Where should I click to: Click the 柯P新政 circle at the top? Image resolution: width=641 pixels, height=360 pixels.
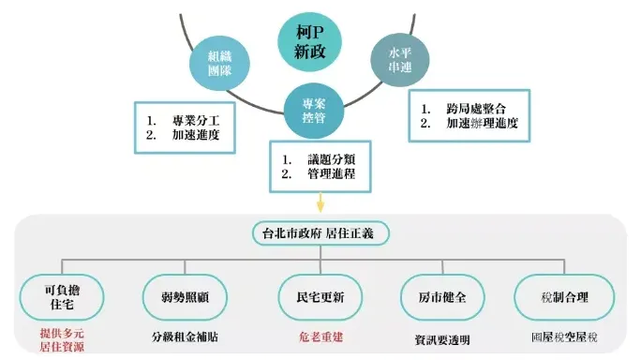pos(308,40)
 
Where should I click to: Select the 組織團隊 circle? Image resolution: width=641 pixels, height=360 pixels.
pos(218,63)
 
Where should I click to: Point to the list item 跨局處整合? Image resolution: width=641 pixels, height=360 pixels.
pos(483,110)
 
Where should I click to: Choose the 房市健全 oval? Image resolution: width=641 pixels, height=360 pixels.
pos(441,298)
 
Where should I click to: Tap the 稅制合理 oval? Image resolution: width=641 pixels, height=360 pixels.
pos(564,298)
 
